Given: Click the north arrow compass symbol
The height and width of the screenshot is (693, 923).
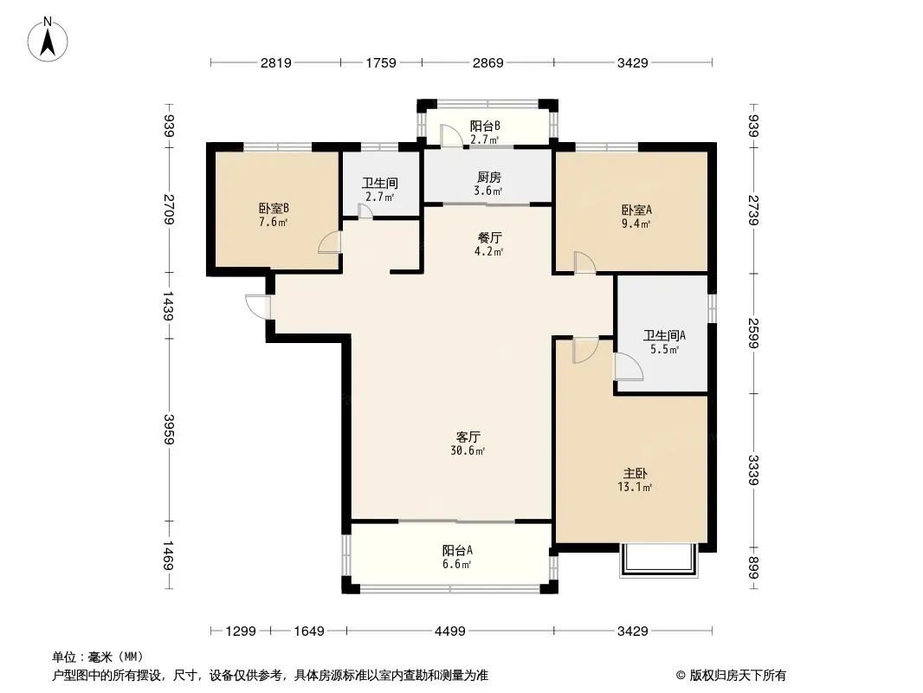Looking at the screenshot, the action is pyautogui.click(x=48, y=39).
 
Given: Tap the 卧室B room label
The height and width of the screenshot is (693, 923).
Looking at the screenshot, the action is pyautogui.click(x=274, y=209).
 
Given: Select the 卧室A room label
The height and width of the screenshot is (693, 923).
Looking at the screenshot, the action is pyautogui.click(x=636, y=210).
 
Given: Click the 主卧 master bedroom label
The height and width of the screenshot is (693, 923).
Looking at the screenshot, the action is pyautogui.click(x=636, y=473).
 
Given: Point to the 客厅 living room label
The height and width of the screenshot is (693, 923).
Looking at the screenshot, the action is pyautogui.click(x=468, y=437).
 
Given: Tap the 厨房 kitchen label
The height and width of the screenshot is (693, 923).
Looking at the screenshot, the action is pyautogui.click(x=488, y=178).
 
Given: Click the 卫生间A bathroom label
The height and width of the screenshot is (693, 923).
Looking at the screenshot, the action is pyautogui.click(x=664, y=335).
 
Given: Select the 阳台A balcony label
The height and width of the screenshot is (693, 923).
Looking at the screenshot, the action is pyautogui.click(x=457, y=551).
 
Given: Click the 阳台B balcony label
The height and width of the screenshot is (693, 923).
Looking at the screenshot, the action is pyautogui.click(x=485, y=126).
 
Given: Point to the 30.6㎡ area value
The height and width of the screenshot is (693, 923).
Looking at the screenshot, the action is pyautogui.click(x=468, y=451).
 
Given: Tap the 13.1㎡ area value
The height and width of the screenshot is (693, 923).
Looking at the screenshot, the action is pyautogui.click(x=636, y=487).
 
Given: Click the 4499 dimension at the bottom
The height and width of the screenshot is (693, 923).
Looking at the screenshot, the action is pyautogui.click(x=450, y=631).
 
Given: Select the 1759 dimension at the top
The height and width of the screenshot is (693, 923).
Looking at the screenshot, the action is pyautogui.click(x=381, y=62).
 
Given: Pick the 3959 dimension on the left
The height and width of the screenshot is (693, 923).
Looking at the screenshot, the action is pyautogui.click(x=169, y=430).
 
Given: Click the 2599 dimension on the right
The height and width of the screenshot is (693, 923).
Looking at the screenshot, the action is pyautogui.click(x=753, y=334).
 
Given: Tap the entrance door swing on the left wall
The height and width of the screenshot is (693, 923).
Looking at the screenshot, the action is pyautogui.click(x=258, y=307).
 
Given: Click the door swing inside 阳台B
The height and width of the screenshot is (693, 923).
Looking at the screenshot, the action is pyautogui.click(x=451, y=135).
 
